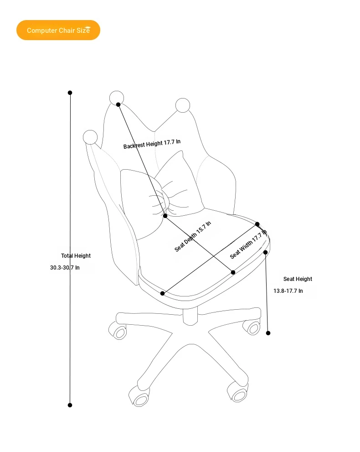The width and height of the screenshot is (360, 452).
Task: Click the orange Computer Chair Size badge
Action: click(58, 30)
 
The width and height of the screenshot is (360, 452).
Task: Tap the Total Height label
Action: click(76, 256)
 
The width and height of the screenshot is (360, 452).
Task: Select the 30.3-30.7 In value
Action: click(65, 268)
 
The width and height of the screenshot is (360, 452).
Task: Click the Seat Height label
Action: click(298, 279)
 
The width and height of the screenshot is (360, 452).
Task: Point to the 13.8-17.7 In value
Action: click(288, 291)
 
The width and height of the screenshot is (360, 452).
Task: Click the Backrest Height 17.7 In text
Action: click(152, 144)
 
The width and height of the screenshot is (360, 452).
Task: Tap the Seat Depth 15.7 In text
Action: click(193, 236)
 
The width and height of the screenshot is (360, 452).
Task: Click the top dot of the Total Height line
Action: click(70, 93)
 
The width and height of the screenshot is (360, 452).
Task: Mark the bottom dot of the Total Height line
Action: click(70, 405)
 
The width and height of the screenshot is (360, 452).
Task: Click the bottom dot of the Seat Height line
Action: click(268, 333)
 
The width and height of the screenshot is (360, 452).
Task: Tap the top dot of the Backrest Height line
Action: click(118, 104)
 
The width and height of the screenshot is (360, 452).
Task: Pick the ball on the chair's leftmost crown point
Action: click(90, 137)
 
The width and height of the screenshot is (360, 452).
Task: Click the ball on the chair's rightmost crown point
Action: click(183, 105)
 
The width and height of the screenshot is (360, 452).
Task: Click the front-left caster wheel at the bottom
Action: click(139, 397)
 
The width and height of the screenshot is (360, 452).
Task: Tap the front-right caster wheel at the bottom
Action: click(237, 392)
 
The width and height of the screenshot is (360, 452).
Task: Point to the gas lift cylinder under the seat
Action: click(190, 316)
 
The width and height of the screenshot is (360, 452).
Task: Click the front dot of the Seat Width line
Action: click(162, 293)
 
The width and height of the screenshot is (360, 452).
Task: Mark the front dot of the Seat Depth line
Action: click(233, 272)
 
